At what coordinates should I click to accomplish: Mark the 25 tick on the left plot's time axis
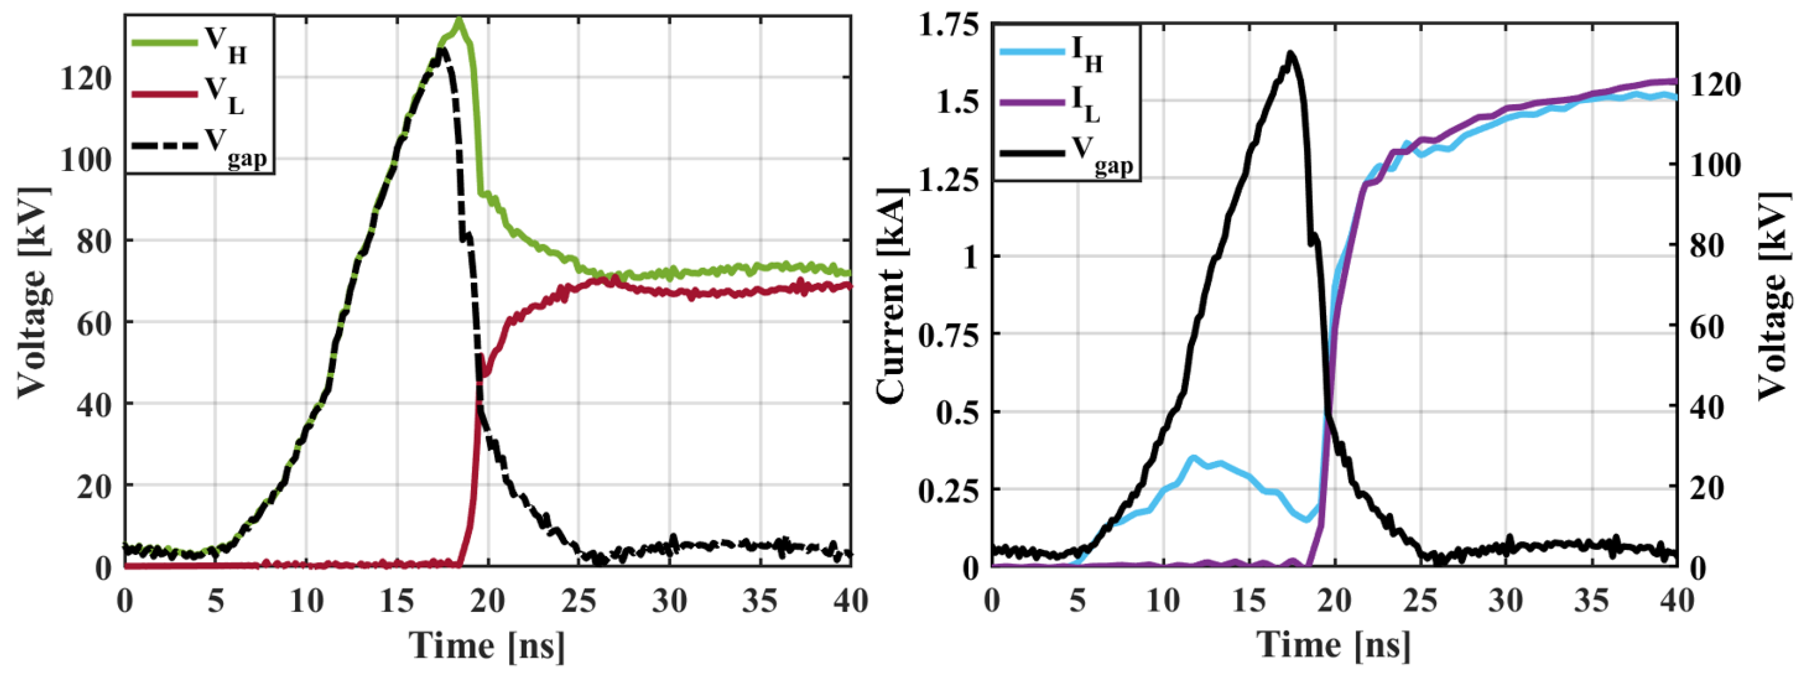tap(578, 600)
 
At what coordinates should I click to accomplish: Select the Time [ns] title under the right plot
tap(1333, 645)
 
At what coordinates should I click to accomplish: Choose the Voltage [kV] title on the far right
tap(1774, 295)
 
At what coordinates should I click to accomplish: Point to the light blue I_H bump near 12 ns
tap(1193, 458)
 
